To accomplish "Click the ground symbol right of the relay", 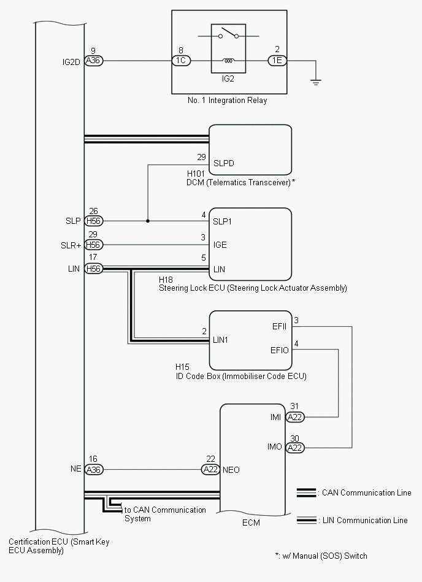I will coord(316,81).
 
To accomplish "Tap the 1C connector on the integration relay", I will coord(182,61).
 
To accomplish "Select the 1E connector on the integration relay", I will coord(277,61).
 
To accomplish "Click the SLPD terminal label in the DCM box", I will coord(224,163).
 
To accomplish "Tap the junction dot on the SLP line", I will coord(147,221).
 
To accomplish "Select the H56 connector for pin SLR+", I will coord(93,245).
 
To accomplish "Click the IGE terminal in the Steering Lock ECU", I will coord(220,245).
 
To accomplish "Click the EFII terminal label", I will coord(279,326).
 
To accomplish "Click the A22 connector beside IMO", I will coord(296,447).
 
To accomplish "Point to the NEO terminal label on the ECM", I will coord(231,470).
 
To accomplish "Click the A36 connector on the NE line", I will coord(93,470).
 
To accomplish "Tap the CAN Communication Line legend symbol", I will coord(306,492).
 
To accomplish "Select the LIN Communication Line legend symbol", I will coord(306,520).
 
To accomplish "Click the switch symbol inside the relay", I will coord(228,36).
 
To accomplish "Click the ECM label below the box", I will coord(251,523).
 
